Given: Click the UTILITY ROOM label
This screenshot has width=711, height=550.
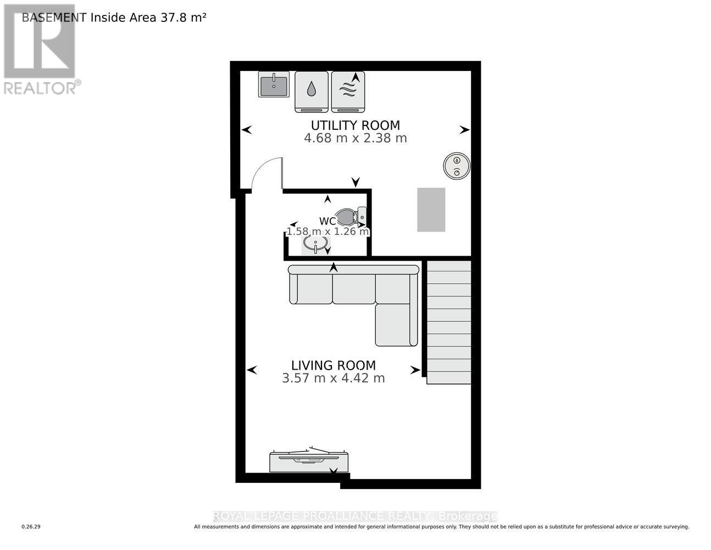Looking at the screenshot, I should coord(355,125).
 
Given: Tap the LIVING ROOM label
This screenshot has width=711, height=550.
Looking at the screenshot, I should coord(333,365).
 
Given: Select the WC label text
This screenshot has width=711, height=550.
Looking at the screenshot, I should coord(327,222).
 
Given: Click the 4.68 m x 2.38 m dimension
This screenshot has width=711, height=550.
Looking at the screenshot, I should coord(355,138).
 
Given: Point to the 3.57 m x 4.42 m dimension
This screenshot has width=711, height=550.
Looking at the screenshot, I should coord(333,378).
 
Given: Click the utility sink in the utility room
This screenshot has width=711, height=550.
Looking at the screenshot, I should coord(274,85).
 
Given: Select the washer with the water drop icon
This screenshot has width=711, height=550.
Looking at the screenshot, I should coord(312,91).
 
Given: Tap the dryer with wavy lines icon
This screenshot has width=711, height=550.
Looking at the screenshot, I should coord(348,91).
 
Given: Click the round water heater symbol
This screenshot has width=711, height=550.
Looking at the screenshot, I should coord(457,166).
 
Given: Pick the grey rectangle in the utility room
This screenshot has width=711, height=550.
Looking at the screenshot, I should coord(431,210).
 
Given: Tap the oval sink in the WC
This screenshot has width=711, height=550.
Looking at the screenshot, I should coord(315,243).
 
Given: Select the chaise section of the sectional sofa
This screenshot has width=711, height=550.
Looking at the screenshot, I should coord(396,324).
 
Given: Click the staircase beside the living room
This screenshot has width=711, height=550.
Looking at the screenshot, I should coord(449,322).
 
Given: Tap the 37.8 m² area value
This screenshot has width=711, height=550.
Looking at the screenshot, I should coord(183,17).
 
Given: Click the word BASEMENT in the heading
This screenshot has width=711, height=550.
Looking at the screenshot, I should coord(54,17).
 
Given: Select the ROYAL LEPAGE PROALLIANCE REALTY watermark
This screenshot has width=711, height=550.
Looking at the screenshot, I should coord(355,516).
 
